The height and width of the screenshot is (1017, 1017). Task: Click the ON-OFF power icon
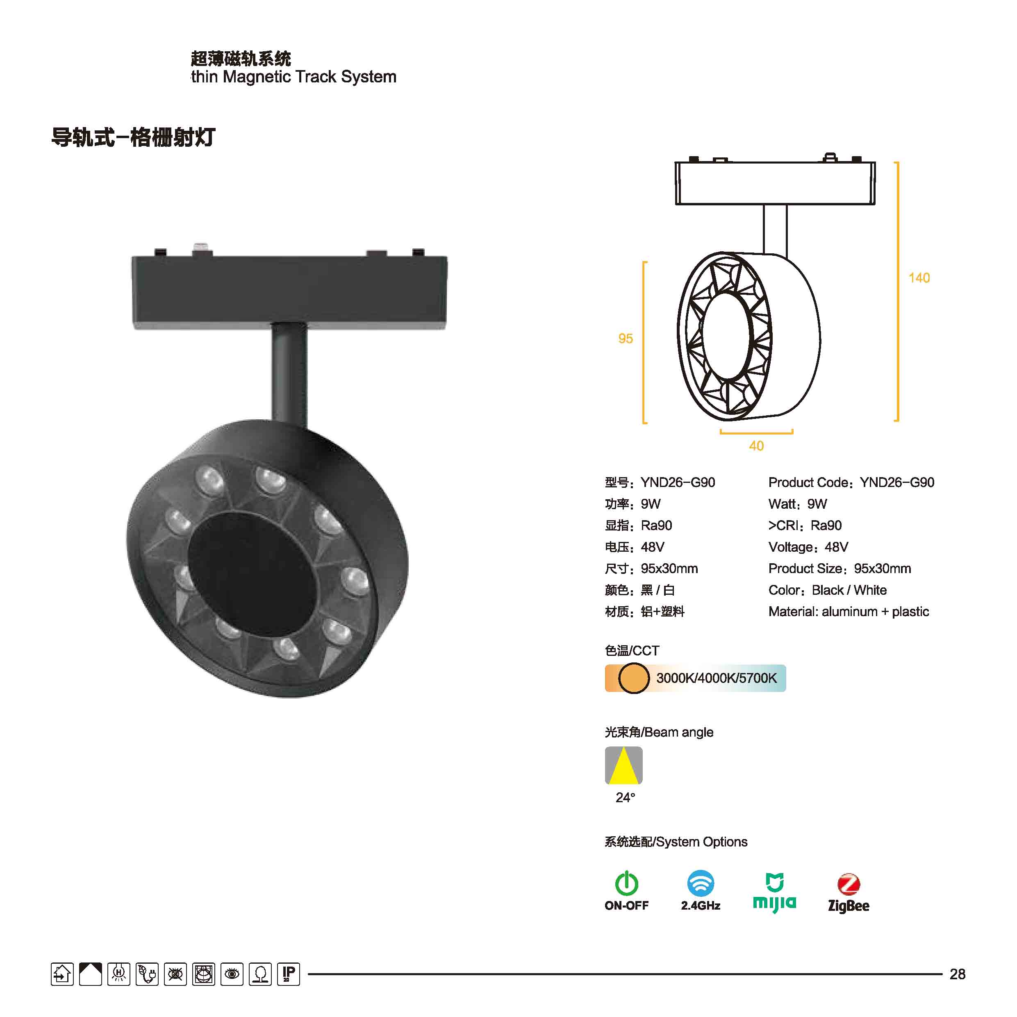(x=626, y=883)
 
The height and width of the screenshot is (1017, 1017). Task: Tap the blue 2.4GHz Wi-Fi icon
(x=701, y=883)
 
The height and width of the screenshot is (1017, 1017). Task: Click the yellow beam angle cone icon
(x=624, y=765)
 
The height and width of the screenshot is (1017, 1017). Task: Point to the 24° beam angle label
(x=626, y=798)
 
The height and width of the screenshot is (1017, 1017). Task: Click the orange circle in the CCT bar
(x=633, y=678)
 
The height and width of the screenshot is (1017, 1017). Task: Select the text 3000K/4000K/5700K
(x=717, y=678)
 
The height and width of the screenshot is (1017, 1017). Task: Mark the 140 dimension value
(x=919, y=278)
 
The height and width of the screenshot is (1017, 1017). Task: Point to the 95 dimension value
(x=626, y=339)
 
